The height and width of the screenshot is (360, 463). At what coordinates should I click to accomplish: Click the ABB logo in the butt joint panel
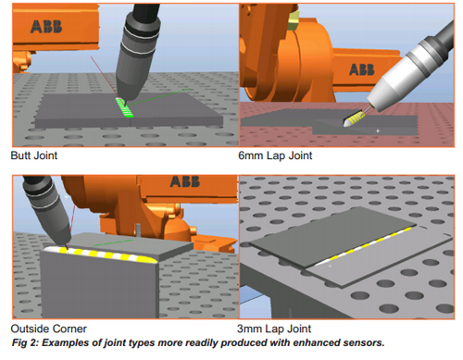pos(46,27)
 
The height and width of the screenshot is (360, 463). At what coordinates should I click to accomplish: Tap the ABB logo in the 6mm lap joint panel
pos(362,69)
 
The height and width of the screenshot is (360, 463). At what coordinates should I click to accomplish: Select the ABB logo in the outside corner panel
pos(185,181)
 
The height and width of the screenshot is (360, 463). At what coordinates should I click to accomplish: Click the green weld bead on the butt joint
pos(124,107)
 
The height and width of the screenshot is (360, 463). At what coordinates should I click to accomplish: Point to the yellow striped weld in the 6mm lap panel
pos(355,119)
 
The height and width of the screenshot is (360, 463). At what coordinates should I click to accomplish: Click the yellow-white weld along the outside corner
pos(100,254)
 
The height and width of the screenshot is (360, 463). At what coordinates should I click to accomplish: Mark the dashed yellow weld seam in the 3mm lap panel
pos(365,246)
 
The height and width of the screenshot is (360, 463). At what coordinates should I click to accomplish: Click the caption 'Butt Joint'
pos(34,155)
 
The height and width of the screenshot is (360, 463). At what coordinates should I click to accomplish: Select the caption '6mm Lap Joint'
pos(275,155)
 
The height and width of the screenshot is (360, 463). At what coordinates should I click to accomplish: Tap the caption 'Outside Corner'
pos(48,329)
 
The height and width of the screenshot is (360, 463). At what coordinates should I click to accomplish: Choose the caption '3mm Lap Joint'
pos(274,329)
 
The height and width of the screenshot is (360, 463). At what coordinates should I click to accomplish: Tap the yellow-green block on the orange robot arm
pos(293,20)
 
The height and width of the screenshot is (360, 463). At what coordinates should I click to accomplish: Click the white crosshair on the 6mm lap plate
pos(378,130)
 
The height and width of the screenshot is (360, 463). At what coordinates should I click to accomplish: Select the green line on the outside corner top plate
pos(113,242)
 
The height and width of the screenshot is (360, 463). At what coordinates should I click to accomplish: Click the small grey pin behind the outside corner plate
pos(138,230)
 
